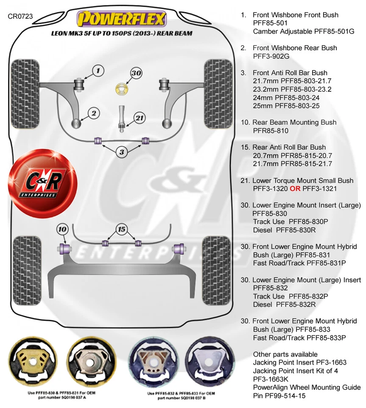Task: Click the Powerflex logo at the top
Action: [120, 19]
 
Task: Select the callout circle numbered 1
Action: [98, 70]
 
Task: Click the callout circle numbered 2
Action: [94, 113]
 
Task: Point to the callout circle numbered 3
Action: [122, 152]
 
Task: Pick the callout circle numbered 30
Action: [136, 73]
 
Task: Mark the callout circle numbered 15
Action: [122, 229]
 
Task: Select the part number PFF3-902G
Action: [274, 56]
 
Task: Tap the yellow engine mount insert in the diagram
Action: [122, 90]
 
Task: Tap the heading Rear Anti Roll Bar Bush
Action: [289, 147]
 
